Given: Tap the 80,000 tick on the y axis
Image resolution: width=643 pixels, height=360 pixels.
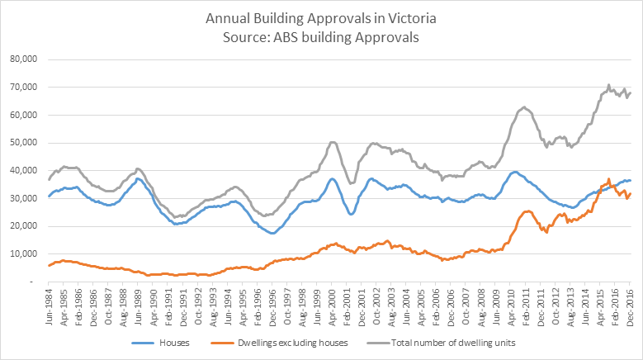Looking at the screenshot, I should point(23,59).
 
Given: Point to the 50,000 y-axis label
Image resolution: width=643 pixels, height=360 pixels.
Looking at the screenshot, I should point(23,143).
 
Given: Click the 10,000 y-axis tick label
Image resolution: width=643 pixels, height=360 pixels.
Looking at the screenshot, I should point(23,253).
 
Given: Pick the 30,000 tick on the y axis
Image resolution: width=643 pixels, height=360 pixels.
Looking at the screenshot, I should point(23,198).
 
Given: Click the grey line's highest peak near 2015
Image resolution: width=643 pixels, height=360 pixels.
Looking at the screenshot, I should point(608,84).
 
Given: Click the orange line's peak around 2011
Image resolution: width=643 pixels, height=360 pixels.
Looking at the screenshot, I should point(527,211).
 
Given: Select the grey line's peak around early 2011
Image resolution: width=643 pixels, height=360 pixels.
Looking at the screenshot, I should point(524,107).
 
